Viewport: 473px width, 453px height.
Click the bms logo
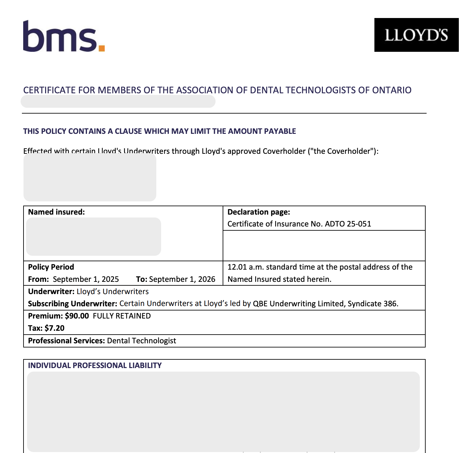point(64,36)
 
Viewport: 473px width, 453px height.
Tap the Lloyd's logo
point(416,35)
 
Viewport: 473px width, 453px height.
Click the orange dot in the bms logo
point(101,48)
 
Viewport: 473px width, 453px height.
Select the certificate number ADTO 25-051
point(348,224)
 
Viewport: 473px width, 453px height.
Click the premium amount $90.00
point(77,316)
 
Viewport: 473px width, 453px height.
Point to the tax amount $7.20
point(54,328)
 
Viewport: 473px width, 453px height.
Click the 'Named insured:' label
point(56,212)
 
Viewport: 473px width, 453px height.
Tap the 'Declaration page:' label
point(259,212)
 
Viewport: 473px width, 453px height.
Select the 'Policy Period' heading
point(51,267)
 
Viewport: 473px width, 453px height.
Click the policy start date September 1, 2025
point(86,279)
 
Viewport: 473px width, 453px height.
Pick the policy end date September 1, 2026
point(182,279)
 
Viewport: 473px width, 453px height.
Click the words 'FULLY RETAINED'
point(122,316)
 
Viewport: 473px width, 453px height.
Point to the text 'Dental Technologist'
point(141,341)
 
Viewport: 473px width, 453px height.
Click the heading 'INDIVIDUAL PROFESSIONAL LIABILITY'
point(95,365)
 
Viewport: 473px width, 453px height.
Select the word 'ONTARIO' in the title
point(392,90)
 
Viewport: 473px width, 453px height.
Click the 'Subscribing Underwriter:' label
point(72,304)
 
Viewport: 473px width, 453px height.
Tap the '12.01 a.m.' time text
point(246,267)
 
